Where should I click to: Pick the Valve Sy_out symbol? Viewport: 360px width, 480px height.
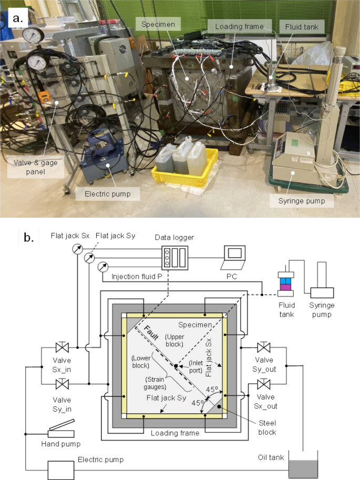264,348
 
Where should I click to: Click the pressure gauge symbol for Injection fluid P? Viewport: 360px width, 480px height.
103,267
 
